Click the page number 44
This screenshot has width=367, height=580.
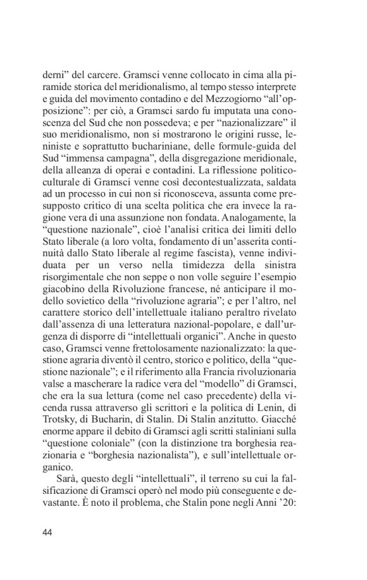coord(47,532)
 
